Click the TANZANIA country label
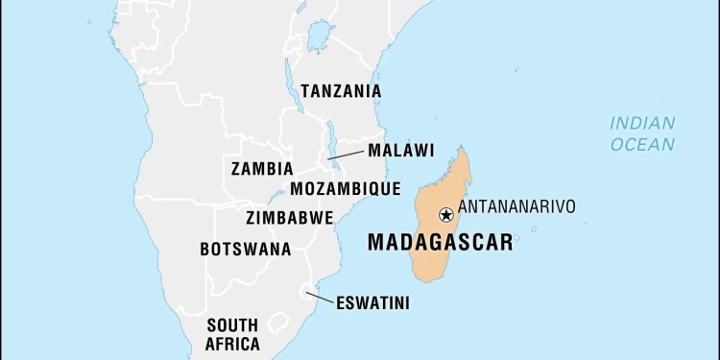tap(341, 91)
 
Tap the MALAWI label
tap(400, 151)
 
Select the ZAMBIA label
tap(262, 169)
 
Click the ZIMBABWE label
tap(290, 217)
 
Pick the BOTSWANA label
tap(246, 249)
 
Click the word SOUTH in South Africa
tap(232, 324)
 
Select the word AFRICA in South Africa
tap(232, 344)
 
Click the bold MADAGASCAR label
tap(440, 243)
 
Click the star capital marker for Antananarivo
tap(445, 214)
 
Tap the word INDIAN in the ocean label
tap(643, 123)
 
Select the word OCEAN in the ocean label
tap(643, 144)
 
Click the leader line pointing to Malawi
tap(346, 155)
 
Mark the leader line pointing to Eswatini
tap(319, 300)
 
